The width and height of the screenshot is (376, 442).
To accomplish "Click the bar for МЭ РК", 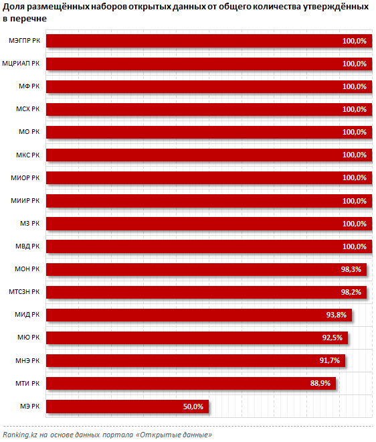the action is [x=127, y=407].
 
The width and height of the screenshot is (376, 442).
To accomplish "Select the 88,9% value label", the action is [x=320, y=383].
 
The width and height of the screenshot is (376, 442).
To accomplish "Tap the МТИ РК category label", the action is [x=27, y=383].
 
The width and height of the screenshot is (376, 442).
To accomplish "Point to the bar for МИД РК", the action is [x=199, y=315].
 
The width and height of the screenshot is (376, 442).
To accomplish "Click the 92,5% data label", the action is [x=333, y=338].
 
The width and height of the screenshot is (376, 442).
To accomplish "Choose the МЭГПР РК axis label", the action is [x=24, y=41].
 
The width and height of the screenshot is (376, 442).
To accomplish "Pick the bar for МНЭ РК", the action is [x=195, y=360].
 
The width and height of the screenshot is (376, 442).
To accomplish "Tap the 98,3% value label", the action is [x=351, y=269].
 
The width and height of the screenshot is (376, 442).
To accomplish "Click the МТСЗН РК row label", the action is [x=24, y=292].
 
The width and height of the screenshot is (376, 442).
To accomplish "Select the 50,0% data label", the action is [x=193, y=407].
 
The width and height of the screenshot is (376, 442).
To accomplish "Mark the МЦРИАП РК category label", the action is [x=21, y=64].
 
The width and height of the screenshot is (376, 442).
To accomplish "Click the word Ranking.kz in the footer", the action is [x=20, y=435].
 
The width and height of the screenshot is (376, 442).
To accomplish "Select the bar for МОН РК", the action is [x=207, y=269].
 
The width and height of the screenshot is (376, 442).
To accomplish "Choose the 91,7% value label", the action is [x=330, y=360].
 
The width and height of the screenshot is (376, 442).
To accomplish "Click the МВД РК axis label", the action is [x=27, y=246].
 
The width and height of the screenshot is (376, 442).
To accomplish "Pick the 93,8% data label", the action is [x=337, y=315].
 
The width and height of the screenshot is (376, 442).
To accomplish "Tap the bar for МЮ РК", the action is [x=197, y=338].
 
